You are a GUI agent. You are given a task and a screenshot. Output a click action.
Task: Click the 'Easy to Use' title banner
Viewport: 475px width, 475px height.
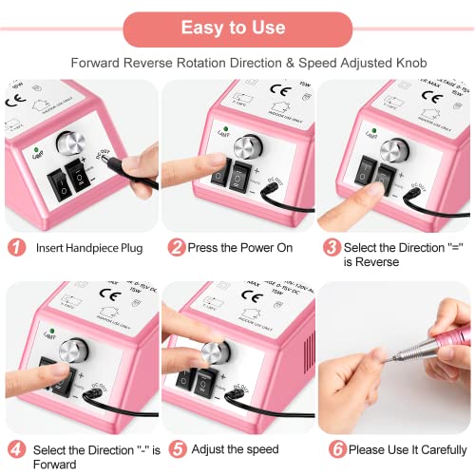(x=237, y=28)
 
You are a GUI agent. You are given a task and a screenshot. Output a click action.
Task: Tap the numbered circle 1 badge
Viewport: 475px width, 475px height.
(x=16, y=247)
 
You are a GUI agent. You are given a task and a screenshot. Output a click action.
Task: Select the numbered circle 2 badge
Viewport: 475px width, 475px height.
(x=176, y=247)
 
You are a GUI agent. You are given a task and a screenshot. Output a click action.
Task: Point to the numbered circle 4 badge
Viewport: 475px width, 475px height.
(x=16, y=449)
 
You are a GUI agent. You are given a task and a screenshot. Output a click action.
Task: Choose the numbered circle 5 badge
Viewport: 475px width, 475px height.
(x=176, y=449)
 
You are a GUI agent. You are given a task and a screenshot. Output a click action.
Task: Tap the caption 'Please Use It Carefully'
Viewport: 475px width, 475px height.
(x=406, y=449)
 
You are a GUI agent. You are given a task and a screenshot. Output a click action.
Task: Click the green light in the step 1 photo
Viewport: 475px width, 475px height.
(x=36, y=149)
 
